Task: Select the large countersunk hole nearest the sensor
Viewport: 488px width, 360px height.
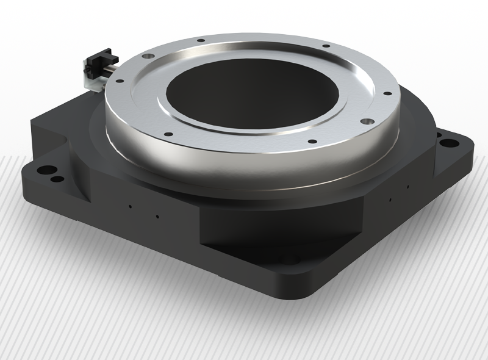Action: coord(146,56)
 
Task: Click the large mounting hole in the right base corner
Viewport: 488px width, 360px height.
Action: coord(449,144)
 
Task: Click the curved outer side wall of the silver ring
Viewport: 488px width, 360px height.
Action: coord(244,168)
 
